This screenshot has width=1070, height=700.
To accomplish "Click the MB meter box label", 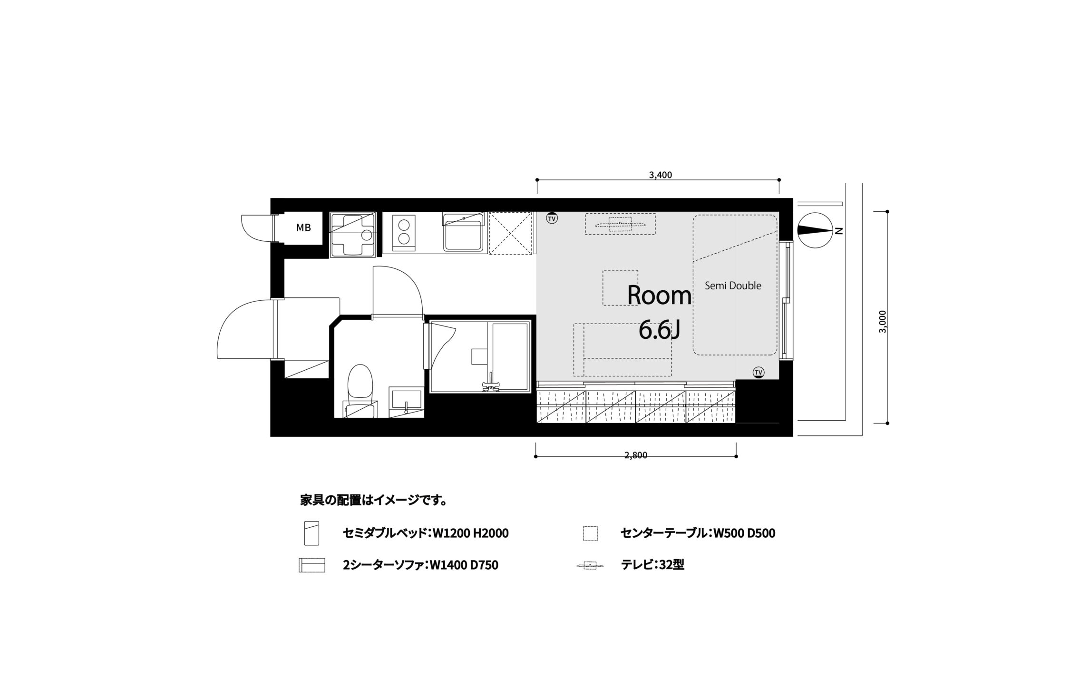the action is [x=303, y=228].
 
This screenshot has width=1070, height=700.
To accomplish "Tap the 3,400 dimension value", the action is [x=660, y=175].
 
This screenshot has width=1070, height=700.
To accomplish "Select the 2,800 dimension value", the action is [x=636, y=455].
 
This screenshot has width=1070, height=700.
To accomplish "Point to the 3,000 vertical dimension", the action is [x=882, y=322].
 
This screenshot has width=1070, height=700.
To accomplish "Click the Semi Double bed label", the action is [x=733, y=286].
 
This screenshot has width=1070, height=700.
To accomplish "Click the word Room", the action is [x=659, y=296].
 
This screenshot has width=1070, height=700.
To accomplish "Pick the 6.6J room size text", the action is [x=659, y=330].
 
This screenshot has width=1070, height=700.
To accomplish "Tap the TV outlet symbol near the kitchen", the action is [x=552, y=218].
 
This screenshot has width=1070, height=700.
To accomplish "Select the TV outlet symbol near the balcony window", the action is [x=758, y=372].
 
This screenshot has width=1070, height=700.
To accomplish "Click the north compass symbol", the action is [x=816, y=230].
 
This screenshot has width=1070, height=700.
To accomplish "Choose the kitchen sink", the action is [x=464, y=232].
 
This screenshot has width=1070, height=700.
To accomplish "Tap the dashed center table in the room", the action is [x=620, y=287].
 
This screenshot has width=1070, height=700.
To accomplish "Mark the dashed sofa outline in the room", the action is [x=623, y=350].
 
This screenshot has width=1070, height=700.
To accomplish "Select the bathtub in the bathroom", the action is [x=510, y=357].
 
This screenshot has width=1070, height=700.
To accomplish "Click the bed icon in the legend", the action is [x=311, y=533].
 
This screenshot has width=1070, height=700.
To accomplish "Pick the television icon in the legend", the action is [x=590, y=566].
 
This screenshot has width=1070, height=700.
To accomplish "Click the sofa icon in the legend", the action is [x=311, y=565].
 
